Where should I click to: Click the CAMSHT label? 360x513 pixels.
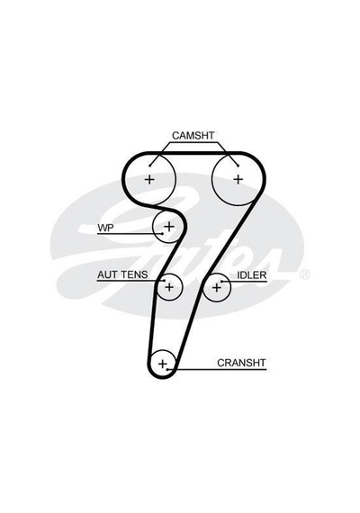point(193,135)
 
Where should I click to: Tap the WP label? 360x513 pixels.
point(105,228)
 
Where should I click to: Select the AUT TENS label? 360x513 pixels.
point(122,274)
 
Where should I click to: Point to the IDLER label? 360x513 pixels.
point(252,275)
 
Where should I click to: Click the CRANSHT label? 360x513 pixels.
point(241,363)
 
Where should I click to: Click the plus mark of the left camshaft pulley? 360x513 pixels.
point(149,179)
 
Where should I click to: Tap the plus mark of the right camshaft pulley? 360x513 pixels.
point(238,179)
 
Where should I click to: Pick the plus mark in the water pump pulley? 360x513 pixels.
point(169,226)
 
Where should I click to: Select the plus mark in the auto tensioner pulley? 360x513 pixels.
point(169,287)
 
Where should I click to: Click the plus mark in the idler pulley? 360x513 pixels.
point(217,288)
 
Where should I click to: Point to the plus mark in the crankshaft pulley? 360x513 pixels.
point(162,364)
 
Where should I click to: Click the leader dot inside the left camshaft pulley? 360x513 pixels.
point(150,166)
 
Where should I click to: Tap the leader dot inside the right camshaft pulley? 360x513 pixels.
point(238,166)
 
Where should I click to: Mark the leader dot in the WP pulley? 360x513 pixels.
point(162,233)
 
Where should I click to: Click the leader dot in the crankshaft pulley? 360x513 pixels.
point(167,369)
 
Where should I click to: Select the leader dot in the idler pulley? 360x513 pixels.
point(222,282)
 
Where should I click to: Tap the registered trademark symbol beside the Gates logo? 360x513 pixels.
point(304,274)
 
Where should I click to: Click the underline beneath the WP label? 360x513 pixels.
point(130,234)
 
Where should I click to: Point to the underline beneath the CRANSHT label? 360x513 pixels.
point(217,370)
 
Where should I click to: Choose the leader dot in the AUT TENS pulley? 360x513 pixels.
point(164,281)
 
